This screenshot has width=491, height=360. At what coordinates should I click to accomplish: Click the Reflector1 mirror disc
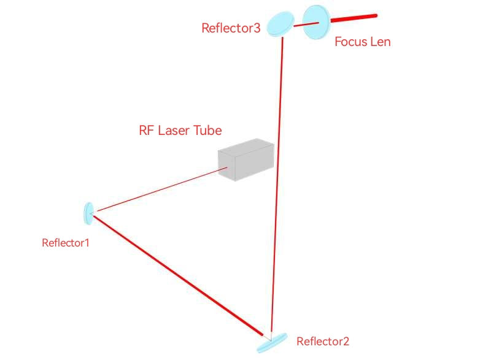[x=88, y=213]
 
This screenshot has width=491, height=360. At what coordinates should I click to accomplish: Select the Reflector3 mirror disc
[x=281, y=23]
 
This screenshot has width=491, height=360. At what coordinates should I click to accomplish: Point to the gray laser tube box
[x=245, y=161]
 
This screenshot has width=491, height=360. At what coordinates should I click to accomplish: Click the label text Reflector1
[x=66, y=242]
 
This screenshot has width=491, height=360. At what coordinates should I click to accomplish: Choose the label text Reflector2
[x=323, y=342]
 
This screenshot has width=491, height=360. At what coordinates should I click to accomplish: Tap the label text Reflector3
[x=231, y=28]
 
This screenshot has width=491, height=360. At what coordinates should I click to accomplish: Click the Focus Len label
[x=362, y=42]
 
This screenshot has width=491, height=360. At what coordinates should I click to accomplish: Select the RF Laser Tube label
[x=180, y=130]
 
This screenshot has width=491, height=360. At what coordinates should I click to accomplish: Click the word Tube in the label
[x=207, y=130]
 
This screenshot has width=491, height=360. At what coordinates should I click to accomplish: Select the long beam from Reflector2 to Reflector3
[x=277, y=184]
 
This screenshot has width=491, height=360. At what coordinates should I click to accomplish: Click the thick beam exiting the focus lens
[x=355, y=18]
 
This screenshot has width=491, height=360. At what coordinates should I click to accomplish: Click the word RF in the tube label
[x=147, y=130]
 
